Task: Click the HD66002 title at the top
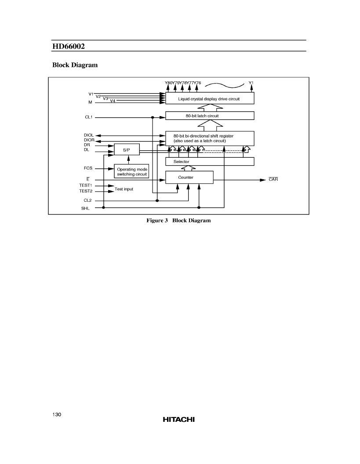tap(69, 47)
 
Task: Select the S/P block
tap(127, 150)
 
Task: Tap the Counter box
tap(189, 178)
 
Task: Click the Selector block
tap(210, 162)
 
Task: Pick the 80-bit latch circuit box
tap(210, 116)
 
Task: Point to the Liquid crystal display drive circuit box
tap(210, 98)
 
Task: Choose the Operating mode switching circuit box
tap(132, 171)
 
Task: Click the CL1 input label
tap(88, 117)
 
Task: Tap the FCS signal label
tap(88, 168)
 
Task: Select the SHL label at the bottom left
tap(85, 208)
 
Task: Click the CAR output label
tap(273, 179)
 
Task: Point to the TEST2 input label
tap(86, 191)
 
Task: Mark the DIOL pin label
tap(88, 135)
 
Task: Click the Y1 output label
tap(251, 83)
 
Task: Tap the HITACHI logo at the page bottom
tap(178, 419)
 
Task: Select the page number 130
tap(57, 415)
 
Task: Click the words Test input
tap(124, 189)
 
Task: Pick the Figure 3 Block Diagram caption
tap(178, 221)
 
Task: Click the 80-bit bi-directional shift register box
tap(210, 138)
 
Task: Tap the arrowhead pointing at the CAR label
tap(263, 180)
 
